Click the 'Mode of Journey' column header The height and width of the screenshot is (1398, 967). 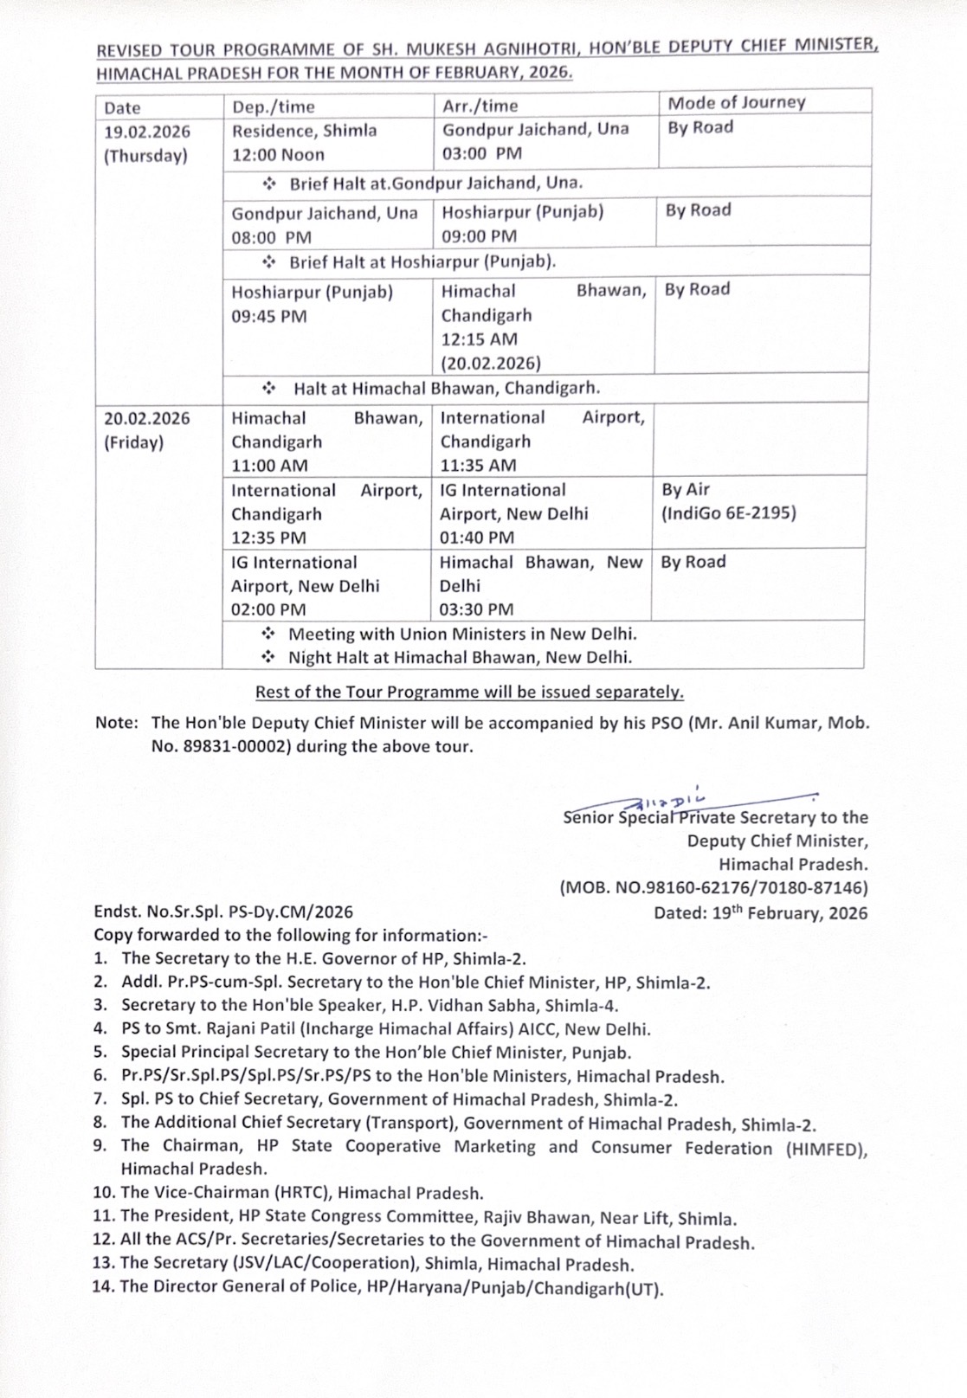click(x=736, y=102)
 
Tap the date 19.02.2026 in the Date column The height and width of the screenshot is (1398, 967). click(x=147, y=132)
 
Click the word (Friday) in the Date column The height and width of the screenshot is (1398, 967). click(x=133, y=442)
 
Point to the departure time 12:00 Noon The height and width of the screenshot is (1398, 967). click(x=278, y=155)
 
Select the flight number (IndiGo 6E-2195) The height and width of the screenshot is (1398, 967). click(x=729, y=513)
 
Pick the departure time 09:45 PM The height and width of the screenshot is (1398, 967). click(x=268, y=316)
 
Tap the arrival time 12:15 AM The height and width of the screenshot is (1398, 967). click(x=479, y=339)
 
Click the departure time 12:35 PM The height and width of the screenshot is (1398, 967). click(x=268, y=538)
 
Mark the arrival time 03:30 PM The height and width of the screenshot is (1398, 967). click(x=476, y=609)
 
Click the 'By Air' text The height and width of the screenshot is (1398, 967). click(x=686, y=490)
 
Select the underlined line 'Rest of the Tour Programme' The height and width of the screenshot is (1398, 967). click(x=469, y=692)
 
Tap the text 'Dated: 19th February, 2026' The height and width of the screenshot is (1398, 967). click(x=760, y=912)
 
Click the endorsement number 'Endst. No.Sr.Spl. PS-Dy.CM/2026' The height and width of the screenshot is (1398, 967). click(x=223, y=912)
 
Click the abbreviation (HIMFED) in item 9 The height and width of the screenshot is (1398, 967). click(x=826, y=1148)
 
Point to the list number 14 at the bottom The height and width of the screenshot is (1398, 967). click(x=104, y=1286)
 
